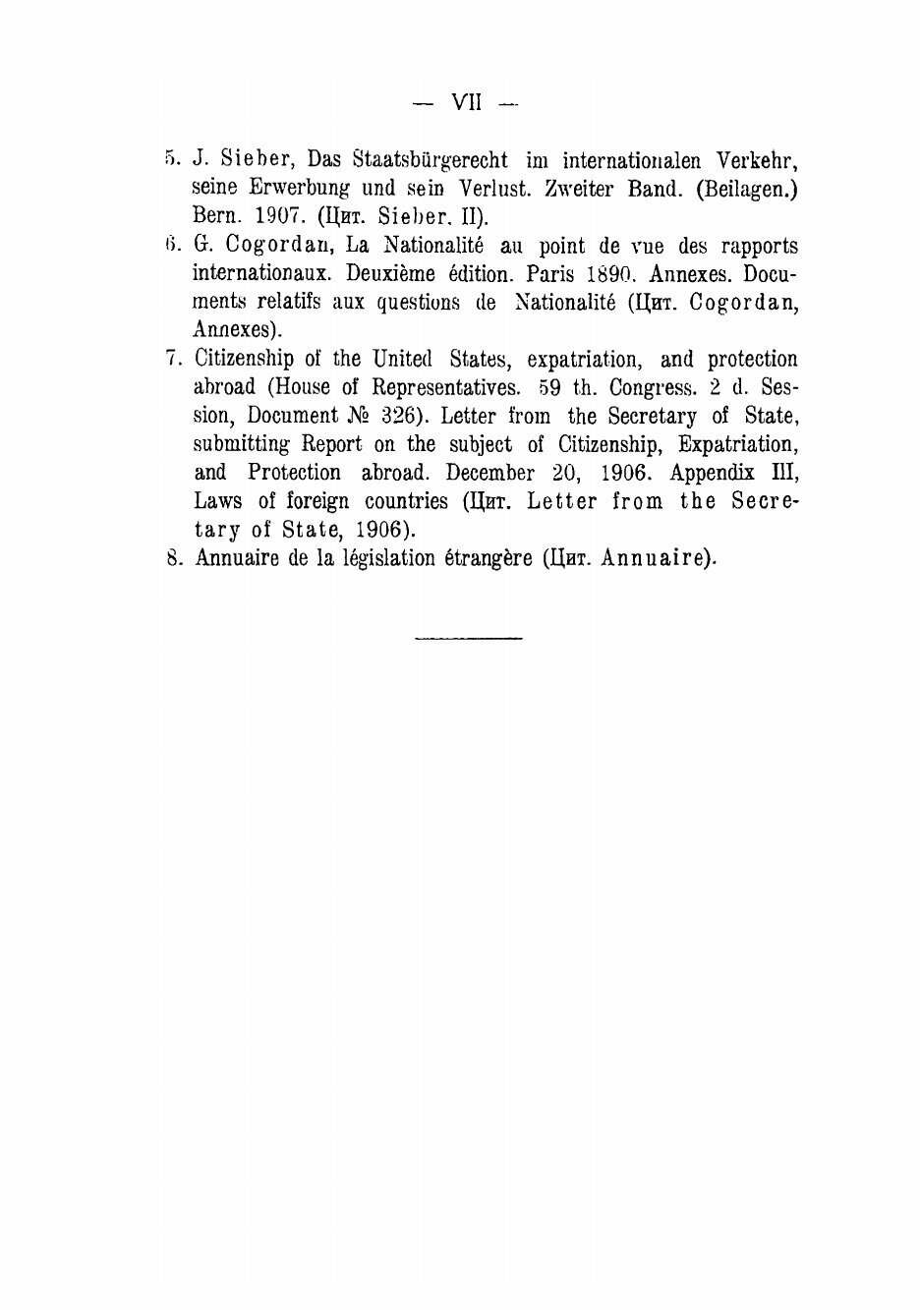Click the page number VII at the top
click(466, 102)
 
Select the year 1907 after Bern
click(260, 215)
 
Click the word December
click(490, 473)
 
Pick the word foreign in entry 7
click(316, 501)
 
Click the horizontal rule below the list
click(469, 640)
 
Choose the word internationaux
click(259, 273)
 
